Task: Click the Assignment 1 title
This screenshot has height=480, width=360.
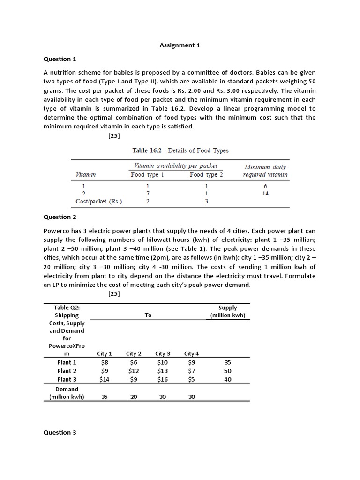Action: coord(180,45)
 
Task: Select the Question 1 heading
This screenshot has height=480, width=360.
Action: coord(60,59)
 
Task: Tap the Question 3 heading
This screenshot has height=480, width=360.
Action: coord(60,432)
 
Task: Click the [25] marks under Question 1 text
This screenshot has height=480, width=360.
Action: coord(114,136)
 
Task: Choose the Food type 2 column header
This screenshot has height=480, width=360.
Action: coord(206,175)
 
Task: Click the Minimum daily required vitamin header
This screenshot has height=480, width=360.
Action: coord(265,171)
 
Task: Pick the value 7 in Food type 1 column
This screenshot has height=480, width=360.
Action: coord(147,193)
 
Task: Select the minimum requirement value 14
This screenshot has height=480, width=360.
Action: coord(265,193)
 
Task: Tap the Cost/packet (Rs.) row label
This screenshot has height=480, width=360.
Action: coord(99,202)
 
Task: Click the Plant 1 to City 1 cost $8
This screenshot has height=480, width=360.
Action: coord(104,362)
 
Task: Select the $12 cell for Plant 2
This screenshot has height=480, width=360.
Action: coord(134,371)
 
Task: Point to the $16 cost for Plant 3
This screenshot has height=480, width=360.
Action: coord(163,379)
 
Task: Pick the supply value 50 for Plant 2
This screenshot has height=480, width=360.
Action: coord(228,371)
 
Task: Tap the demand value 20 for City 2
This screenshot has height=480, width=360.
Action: coord(134,397)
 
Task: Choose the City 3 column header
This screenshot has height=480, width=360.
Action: coord(163,353)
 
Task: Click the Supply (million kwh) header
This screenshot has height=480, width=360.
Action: coord(228,312)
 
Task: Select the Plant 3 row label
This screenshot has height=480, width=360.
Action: coord(67,379)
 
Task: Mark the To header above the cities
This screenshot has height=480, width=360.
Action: coord(148,315)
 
